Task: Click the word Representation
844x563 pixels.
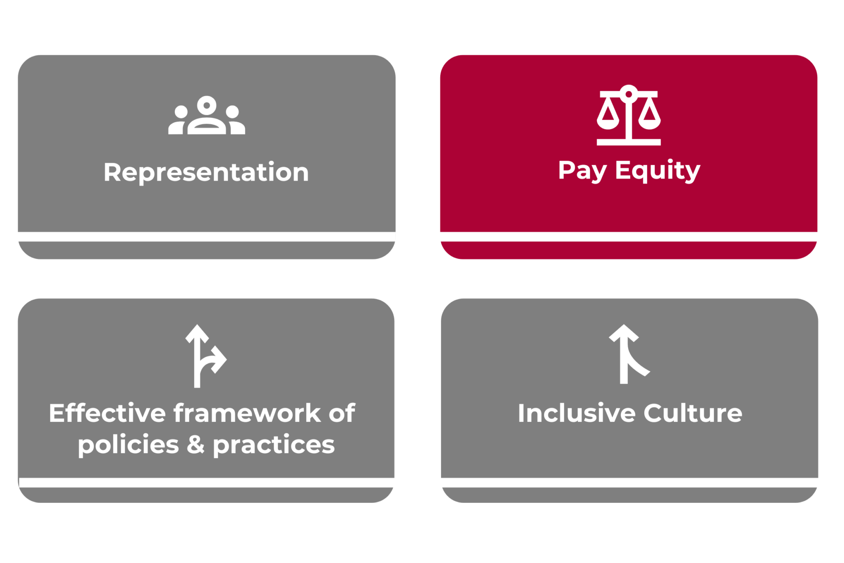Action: (x=206, y=172)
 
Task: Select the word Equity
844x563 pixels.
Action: (x=657, y=170)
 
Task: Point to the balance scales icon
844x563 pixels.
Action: (x=628, y=115)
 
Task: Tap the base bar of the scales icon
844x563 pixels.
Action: (x=628, y=142)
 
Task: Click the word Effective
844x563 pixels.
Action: (x=107, y=413)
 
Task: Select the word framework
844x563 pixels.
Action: (x=247, y=413)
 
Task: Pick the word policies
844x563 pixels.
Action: (x=128, y=445)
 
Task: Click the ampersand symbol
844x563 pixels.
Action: (x=196, y=445)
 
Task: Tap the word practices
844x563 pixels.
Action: (x=274, y=445)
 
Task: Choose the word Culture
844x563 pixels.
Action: (x=693, y=413)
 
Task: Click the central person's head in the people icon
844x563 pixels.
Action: (x=206, y=105)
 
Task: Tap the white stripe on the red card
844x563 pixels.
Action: (x=628, y=237)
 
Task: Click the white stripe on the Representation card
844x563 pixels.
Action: (x=206, y=237)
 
